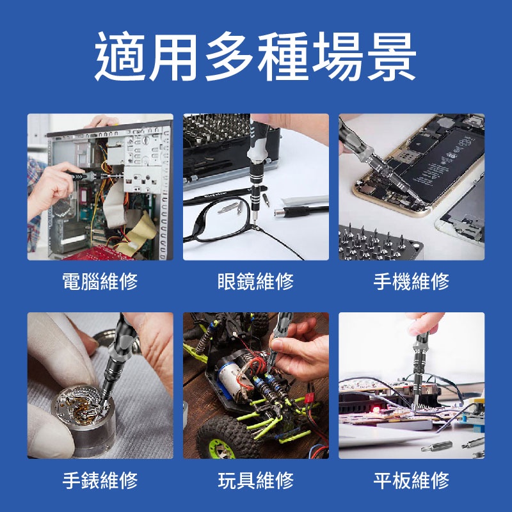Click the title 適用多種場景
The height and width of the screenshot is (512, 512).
(x=255, y=56)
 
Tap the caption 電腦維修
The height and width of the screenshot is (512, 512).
(x=100, y=281)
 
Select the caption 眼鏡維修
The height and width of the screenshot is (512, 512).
(x=255, y=281)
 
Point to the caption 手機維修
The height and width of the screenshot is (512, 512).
(x=412, y=281)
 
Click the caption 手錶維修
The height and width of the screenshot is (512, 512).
(x=100, y=480)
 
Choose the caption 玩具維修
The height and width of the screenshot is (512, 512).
(x=255, y=480)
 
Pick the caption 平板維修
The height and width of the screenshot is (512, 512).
(x=412, y=480)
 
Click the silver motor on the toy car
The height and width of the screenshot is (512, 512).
(x=232, y=379)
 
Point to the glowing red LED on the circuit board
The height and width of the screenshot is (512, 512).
(x=376, y=409)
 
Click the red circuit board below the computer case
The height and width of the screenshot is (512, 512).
(x=100, y=253)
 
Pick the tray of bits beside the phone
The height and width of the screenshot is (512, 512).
(x=379, y=243)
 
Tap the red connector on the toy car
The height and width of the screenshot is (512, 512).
(x=308, y=397)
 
